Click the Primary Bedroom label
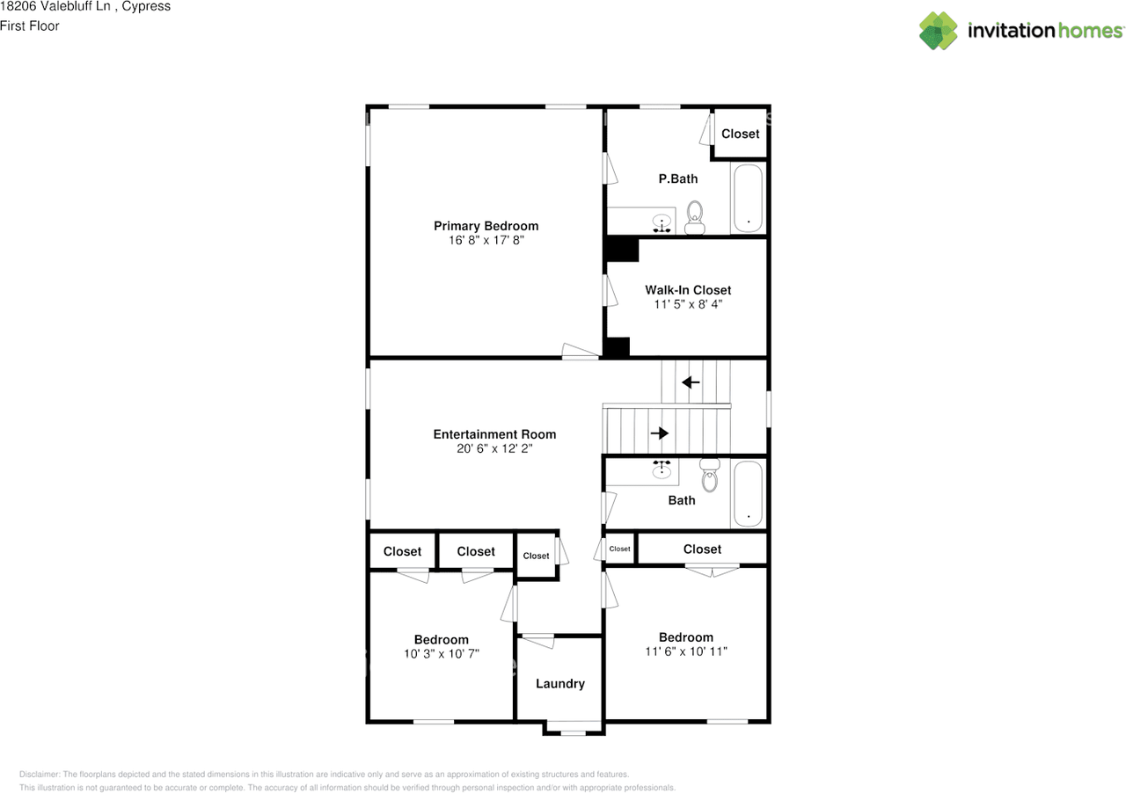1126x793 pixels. (x=486, y=226)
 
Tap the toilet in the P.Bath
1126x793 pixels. (x=695, y=216)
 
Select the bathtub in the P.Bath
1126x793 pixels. (x=749, y=198)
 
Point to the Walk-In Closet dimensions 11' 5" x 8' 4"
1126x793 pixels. (x=687, y=304)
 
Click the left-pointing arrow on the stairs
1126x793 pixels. (x=691, y=382)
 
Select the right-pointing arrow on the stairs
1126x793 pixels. (x=659, y=433)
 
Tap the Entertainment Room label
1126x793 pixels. (x=494, y=434)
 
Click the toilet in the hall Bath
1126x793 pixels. (x=709, y=475)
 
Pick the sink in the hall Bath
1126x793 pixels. (x=662, y=470)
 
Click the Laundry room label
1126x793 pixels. (x=559, y=684)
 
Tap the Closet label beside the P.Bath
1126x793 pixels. (x=740, y=134)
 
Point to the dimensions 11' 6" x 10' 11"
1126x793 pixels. (x=686, y=651)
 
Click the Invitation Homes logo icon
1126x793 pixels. (x=939, y=31)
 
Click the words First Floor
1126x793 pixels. (x=30, y=26)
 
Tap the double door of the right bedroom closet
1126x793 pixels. (x=713, y=571)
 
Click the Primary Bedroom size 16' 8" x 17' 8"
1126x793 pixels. (x=486, y=240)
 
